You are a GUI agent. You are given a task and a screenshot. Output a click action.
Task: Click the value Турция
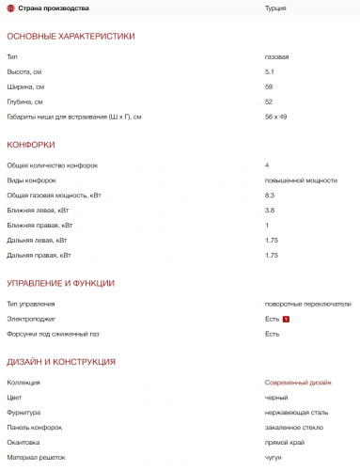click(x=275, y=8)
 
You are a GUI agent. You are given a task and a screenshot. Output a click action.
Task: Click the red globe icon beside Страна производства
click(x=9, y=8)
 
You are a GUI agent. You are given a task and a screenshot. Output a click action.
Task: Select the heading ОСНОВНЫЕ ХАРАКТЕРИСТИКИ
click(x=70, y=36)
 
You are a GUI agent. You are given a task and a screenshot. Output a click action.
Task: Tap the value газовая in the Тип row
click(x=276, y=56)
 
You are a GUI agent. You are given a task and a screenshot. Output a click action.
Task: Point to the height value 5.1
click(x=270, y=71)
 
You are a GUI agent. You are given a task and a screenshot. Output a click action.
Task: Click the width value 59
click(x=269, y=86)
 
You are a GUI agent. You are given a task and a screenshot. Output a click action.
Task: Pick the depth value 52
click(x=269, y=102)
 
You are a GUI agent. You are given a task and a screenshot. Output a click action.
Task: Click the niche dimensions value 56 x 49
click(x=276, y=117)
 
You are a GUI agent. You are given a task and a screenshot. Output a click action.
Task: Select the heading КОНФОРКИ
click(x=31, y=145)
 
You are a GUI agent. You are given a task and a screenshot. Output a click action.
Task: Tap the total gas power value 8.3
click(x=270, y=195)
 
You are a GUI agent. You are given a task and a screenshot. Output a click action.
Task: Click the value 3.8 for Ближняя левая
click(x=270, y=210)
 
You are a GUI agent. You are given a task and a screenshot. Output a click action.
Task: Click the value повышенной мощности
click(x=300, y=180)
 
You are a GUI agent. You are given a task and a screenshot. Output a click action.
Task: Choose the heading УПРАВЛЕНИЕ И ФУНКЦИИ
click(x=60, y=283)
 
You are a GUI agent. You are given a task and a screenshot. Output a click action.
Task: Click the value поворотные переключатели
click(x=307, y=304)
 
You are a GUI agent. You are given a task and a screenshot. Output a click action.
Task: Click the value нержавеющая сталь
click(x=295, y=413)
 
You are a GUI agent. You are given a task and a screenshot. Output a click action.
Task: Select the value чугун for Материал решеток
click(x=274, y=458)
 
